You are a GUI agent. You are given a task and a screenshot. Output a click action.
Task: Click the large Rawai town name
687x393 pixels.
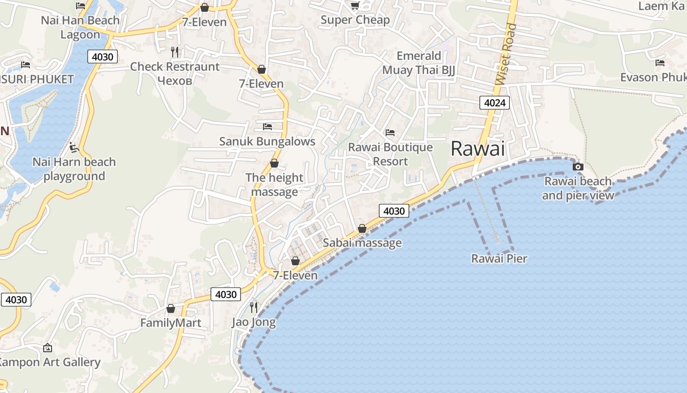(477, 148)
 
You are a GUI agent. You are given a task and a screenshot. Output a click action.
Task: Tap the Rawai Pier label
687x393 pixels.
(499, 258)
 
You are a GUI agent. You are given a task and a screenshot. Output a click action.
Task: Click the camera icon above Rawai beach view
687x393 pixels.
(578, 167)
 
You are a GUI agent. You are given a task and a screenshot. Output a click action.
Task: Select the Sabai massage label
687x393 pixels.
(362, 243)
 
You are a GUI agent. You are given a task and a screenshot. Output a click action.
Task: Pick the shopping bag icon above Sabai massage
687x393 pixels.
(362, 228)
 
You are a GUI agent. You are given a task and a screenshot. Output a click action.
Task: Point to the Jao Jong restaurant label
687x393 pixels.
(254, 322)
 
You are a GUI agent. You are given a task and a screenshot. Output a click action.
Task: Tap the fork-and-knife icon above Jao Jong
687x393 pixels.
(254, 308)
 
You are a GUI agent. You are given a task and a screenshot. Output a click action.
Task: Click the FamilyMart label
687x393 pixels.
(171, 323)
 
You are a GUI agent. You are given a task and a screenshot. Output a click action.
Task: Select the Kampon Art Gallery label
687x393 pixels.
(49, 363)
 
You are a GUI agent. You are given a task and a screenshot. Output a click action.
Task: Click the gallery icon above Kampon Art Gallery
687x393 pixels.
(48, 348)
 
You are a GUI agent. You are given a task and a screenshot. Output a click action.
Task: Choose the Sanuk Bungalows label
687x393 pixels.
(267, 141)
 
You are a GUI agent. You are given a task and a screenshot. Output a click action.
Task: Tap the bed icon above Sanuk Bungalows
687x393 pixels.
(267, 127)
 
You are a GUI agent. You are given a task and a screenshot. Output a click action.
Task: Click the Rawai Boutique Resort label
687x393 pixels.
(391, 154)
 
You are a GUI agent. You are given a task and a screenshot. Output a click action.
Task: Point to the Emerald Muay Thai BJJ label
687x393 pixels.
(419, 63)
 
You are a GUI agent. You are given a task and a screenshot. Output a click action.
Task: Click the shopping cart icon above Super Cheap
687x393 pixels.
(355, 5)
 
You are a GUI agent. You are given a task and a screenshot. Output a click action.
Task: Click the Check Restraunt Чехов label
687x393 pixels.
(175, 73)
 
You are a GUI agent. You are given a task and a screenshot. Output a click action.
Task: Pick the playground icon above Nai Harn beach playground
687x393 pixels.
(74, 147)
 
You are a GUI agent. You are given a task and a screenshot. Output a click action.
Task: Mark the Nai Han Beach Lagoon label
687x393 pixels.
(80, 28)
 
